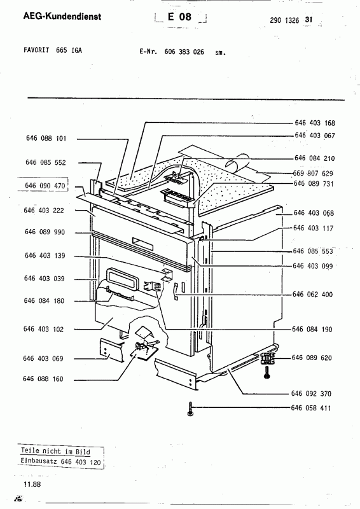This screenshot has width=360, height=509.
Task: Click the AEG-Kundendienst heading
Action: tap(62, 17)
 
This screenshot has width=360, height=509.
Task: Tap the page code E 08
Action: tap(179, 17)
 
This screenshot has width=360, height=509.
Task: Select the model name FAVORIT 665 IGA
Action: tap(53, 50)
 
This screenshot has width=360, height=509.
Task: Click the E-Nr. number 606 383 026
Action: tap(184, 52)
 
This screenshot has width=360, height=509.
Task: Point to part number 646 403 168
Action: tap(315, 123)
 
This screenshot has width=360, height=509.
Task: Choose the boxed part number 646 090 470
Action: tap(45, 186)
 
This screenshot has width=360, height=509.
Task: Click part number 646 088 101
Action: tap(46, 138)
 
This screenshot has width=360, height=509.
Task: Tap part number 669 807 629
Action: tap(313, 173)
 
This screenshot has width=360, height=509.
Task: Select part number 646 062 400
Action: tap(312, 294)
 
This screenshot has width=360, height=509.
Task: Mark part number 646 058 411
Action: tap(310, 408)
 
